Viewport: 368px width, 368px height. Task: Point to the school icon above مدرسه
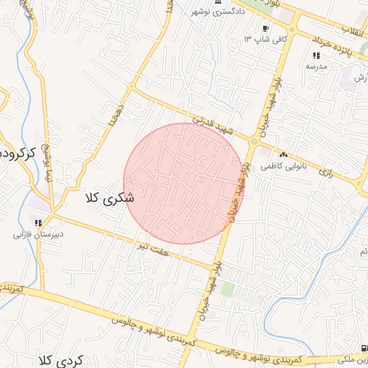(x=316, y=55)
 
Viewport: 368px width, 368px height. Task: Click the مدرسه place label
(x=316, y=65)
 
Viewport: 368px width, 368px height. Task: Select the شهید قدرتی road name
(x=213, y=123)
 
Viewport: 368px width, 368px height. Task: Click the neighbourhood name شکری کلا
(x=109, y=198)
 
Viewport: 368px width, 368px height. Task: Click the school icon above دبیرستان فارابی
(x=38, y=224)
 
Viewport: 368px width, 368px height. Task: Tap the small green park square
(x=228, y=289)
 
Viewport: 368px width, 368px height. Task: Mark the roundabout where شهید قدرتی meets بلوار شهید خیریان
(x=254, y=142)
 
